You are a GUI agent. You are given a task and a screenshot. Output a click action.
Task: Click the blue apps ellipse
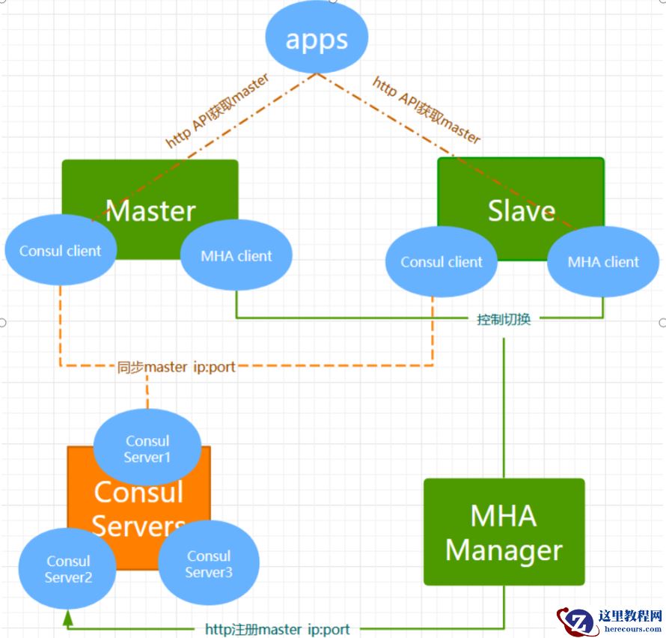(317, 40)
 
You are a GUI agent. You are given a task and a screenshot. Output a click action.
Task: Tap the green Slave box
(521, 195)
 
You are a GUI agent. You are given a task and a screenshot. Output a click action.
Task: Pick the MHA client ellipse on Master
(236, 256)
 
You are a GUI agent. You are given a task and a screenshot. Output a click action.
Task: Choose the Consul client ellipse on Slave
(442, 262)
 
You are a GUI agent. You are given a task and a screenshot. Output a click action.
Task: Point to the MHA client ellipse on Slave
(603, 262)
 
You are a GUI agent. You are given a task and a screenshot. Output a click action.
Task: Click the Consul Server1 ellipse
(147, 449)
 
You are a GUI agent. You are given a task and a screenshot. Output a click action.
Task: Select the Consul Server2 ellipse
(67, 569)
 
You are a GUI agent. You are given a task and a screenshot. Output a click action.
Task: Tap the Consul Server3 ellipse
(209, 564)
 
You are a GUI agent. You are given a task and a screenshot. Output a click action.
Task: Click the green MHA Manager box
(504, 532)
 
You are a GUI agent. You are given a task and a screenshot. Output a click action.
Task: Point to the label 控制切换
(504, 319)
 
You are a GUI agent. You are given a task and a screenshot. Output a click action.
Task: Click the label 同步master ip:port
(177, 367)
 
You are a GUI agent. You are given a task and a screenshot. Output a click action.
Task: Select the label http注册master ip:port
(277, 629)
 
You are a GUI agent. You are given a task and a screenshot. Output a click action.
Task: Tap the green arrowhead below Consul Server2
(68, 616)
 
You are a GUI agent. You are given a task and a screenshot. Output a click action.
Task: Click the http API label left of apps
(217, 110)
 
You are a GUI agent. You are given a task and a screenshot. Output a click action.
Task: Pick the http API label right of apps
(427, 110)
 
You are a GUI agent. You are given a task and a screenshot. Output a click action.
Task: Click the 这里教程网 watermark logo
(610, 620)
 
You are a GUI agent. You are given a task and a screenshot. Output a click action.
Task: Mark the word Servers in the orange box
(139, 526)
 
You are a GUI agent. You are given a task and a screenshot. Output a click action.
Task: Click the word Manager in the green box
(504, 551)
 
